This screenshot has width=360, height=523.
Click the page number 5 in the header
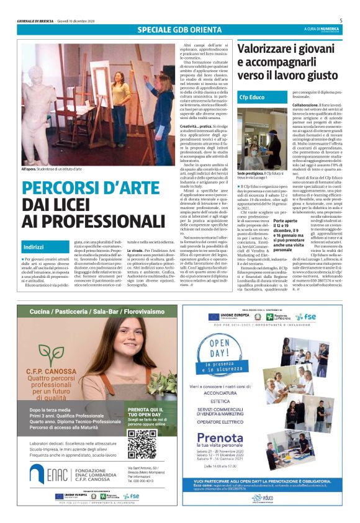click(x=341, y=20)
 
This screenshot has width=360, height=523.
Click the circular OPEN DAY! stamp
click(x=226, y=354)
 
